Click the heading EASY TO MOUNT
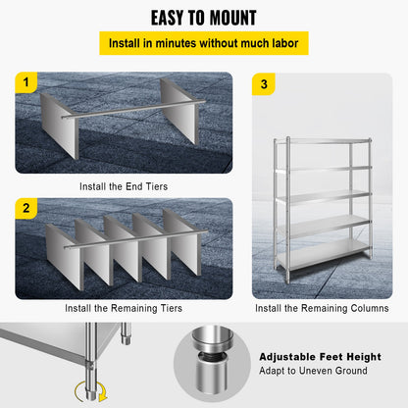[204, 18]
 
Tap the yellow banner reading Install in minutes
[204, 44]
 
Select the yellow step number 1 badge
[25, 82]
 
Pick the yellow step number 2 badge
[25, 209]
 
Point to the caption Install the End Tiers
[124, 183]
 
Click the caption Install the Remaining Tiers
[124, 308]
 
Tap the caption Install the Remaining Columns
[322, 308]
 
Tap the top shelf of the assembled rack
[322, 142]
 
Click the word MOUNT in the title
[229, 18]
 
